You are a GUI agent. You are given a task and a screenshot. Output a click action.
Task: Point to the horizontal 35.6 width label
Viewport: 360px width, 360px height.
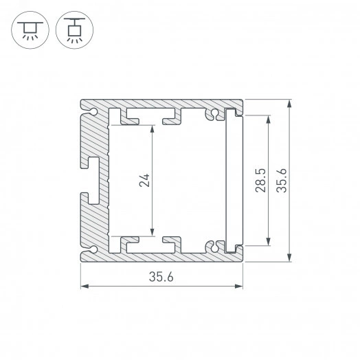click(163, 276)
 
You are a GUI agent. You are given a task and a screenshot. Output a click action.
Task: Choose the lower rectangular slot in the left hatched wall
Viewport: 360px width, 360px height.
click(94, 197)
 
